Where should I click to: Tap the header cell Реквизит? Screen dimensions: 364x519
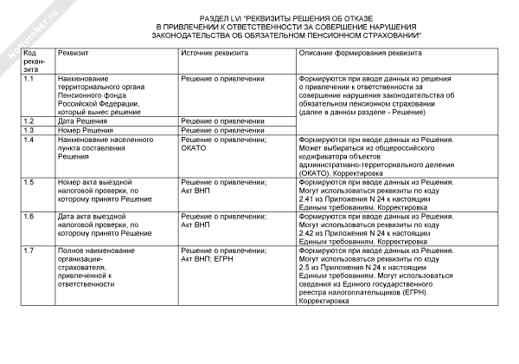coord(75,53)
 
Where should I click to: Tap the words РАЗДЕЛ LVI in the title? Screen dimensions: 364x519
coord(226,17)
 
